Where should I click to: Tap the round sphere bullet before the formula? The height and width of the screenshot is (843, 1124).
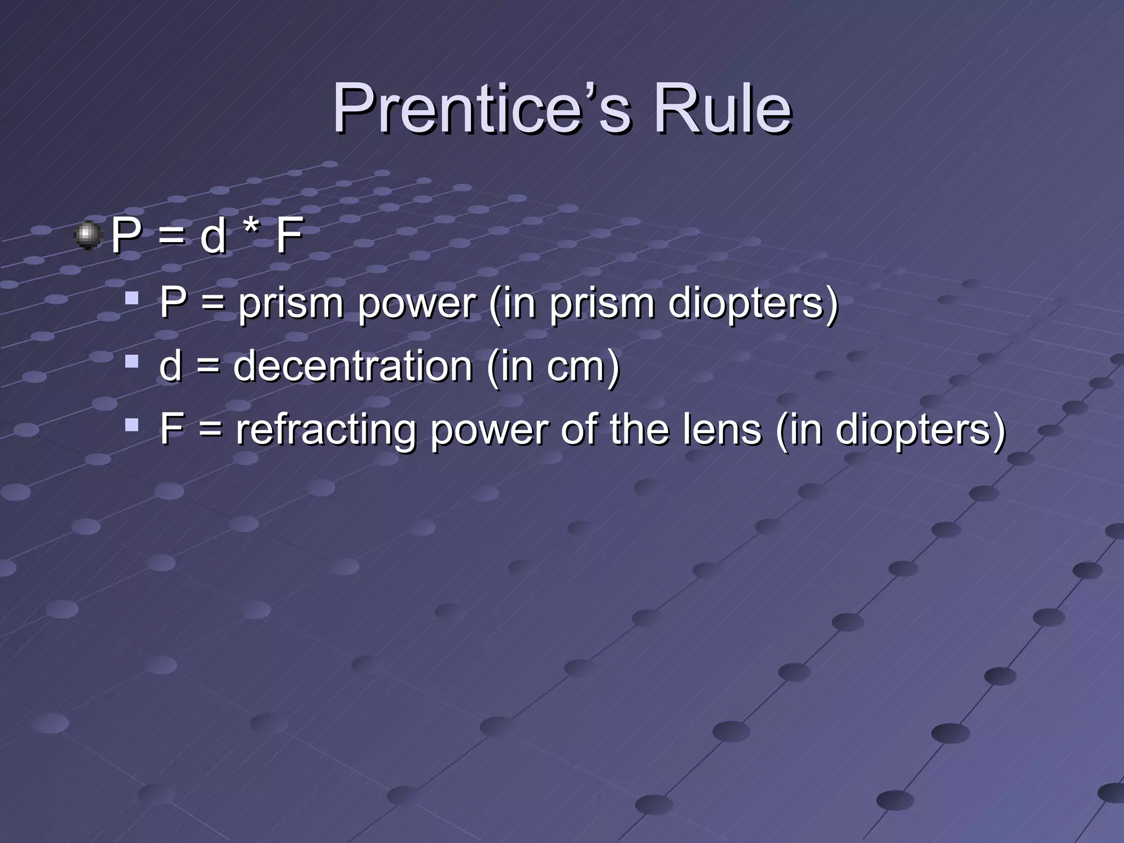pos(88,235)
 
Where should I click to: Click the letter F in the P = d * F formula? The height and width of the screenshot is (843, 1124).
pos(289,236)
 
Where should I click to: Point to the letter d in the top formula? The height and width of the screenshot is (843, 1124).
pos(213,236)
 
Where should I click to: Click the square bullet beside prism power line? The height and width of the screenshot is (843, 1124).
pos(131,299)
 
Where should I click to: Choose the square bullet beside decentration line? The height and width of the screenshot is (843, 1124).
pos(131,362)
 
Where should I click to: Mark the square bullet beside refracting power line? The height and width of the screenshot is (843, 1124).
pos(131,425)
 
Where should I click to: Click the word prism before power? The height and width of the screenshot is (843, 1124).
pos(290,304)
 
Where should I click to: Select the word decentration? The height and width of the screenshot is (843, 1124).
pos(353,366)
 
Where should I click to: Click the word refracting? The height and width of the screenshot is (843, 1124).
pos(326,430)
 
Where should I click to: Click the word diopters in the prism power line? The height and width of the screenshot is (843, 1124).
pos(746,304)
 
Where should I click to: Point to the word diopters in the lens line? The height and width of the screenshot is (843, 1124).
pos(913,430)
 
